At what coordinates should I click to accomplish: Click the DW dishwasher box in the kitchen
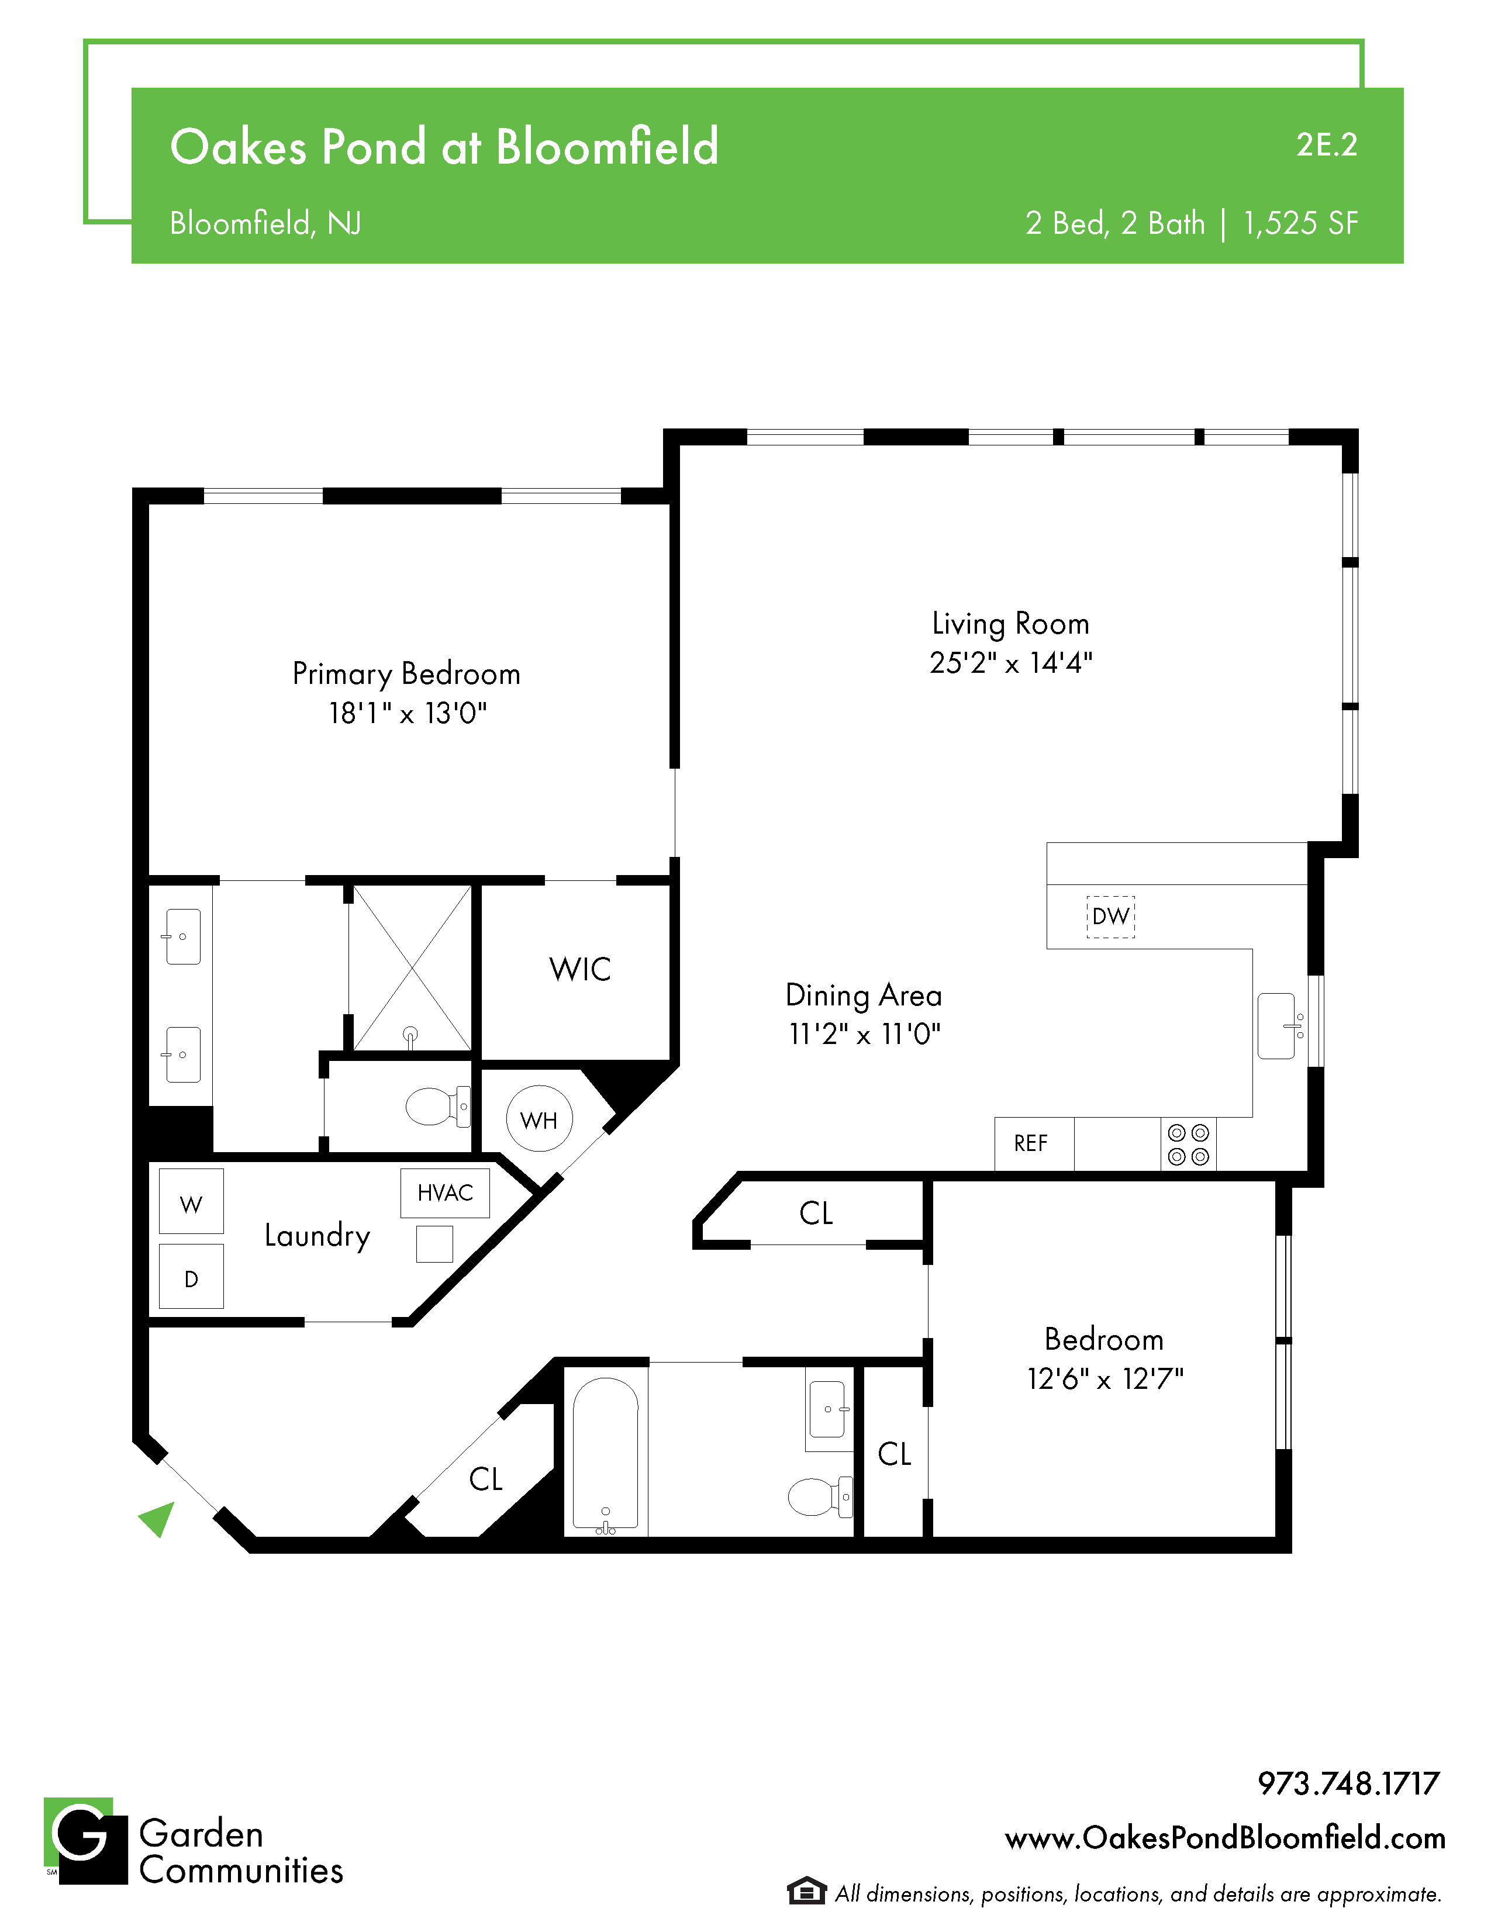point(1110,916)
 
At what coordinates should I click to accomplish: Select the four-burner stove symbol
point(1188,1144)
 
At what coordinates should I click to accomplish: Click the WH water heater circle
point(539,1119)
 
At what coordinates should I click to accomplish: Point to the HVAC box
point(445,1193)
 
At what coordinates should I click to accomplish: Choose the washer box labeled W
point(191,1201)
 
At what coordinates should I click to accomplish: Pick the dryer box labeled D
point(191,1276)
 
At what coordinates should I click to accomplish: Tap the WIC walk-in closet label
point(579,969)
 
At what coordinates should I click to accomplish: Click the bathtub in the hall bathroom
point(606,1453)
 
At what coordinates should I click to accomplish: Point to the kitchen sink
point(1277,1025)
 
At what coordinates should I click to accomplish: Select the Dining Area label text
point(864,995)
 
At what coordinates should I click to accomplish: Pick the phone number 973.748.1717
point(1349,1784)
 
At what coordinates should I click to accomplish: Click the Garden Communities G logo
point(86,1841)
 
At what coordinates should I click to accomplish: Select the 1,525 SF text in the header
point(1300,223)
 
